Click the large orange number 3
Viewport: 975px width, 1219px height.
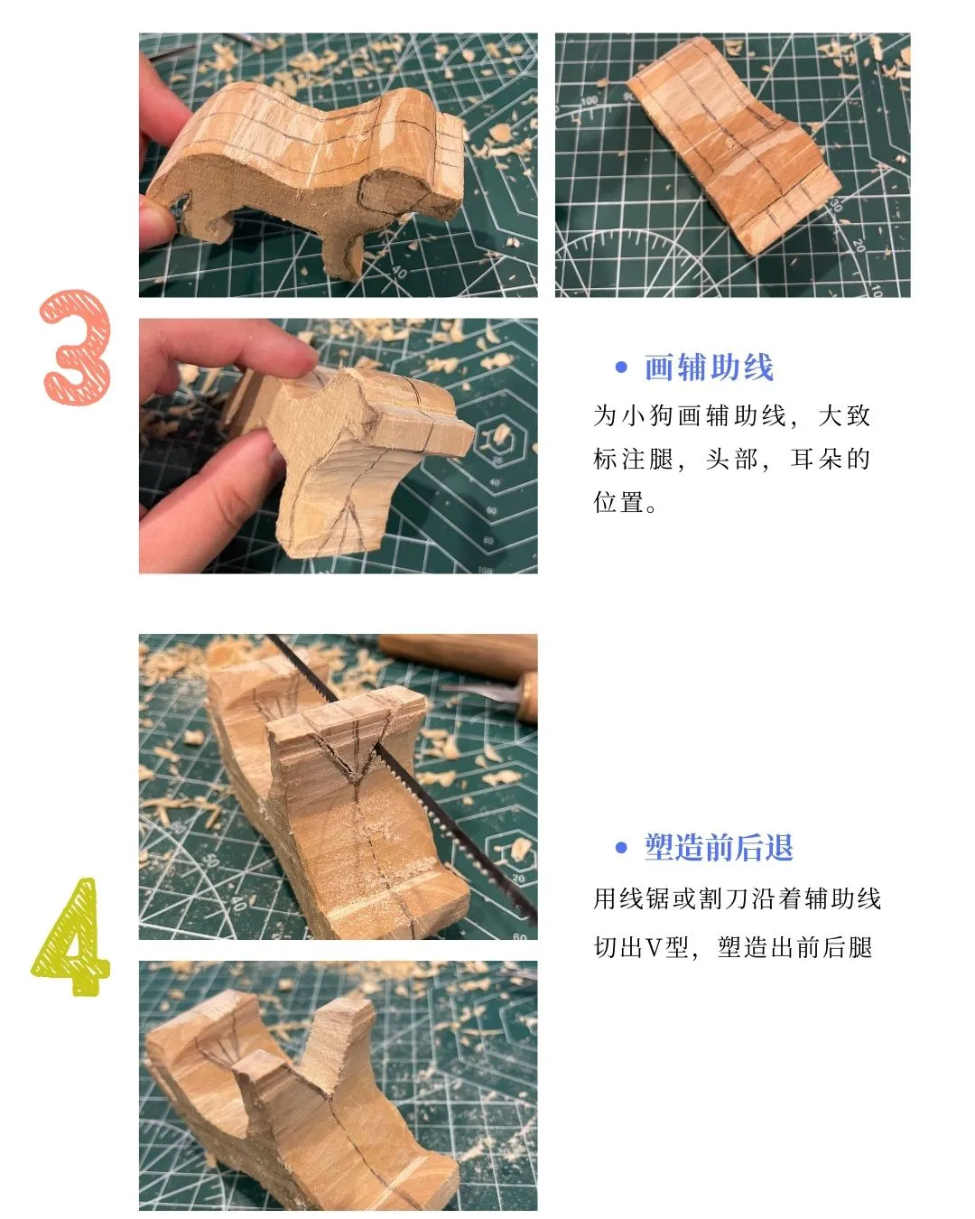click(77, 348)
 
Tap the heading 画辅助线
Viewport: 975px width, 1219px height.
click(709, 368)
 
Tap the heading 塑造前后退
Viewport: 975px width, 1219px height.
click(719, 848)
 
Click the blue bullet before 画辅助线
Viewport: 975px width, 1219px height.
click(621, 368)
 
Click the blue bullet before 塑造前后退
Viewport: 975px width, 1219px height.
click(621, 848)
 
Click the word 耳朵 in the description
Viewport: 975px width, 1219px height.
click(831, 460)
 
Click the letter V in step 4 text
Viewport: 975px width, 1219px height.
click(655, 948)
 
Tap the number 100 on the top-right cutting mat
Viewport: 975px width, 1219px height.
click(590, 101)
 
